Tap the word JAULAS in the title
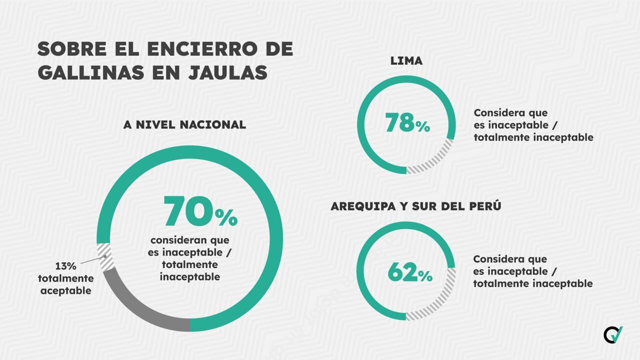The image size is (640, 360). click(228, 72)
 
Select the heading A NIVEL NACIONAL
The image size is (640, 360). click(184, 124)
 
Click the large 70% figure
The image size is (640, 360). click(200, 212)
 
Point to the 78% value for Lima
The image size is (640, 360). click(407, 123)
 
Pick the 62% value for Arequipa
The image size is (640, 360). click(409, 272)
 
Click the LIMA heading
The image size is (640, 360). click(406, 61)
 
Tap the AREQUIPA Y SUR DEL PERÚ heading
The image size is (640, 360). click(415, 206)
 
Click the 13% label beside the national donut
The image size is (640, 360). click(65, 266)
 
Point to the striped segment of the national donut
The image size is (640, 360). click(105, 256)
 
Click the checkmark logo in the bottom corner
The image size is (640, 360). click(613, 334)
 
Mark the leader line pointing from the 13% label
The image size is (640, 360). click(92, 260)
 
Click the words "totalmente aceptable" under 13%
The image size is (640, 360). click(65, 284)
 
